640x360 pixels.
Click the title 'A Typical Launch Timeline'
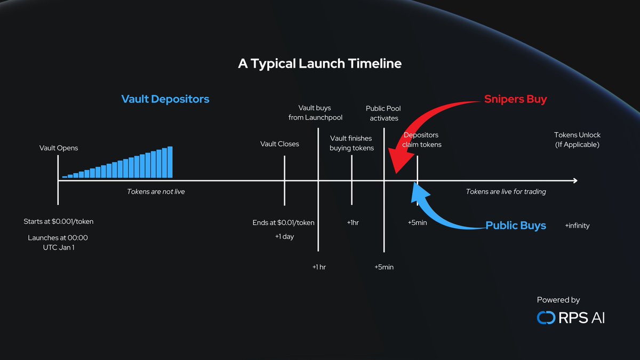(319, 63)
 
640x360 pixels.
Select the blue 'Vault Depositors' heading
(165, 99)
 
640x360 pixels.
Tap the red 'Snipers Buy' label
(515, 99)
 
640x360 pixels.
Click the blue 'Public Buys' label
(515, 226)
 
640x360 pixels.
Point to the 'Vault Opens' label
(59, 148)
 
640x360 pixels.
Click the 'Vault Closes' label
(279, 144)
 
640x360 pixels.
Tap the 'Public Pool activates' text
(383, 113)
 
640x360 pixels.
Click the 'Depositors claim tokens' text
(422, 140)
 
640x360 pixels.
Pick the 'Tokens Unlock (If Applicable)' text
(577, 140)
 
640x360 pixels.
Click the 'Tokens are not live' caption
(156, 191)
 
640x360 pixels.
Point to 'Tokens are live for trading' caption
(506, 191)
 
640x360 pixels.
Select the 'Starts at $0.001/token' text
(59, 221)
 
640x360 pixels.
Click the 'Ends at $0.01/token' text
(283, 222)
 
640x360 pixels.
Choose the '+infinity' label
(577, 226)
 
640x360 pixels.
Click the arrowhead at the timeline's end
(575, 181)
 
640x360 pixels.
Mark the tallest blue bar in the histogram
(170, 162)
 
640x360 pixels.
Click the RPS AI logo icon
(546, 318)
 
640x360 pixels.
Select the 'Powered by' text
(558, 300)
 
